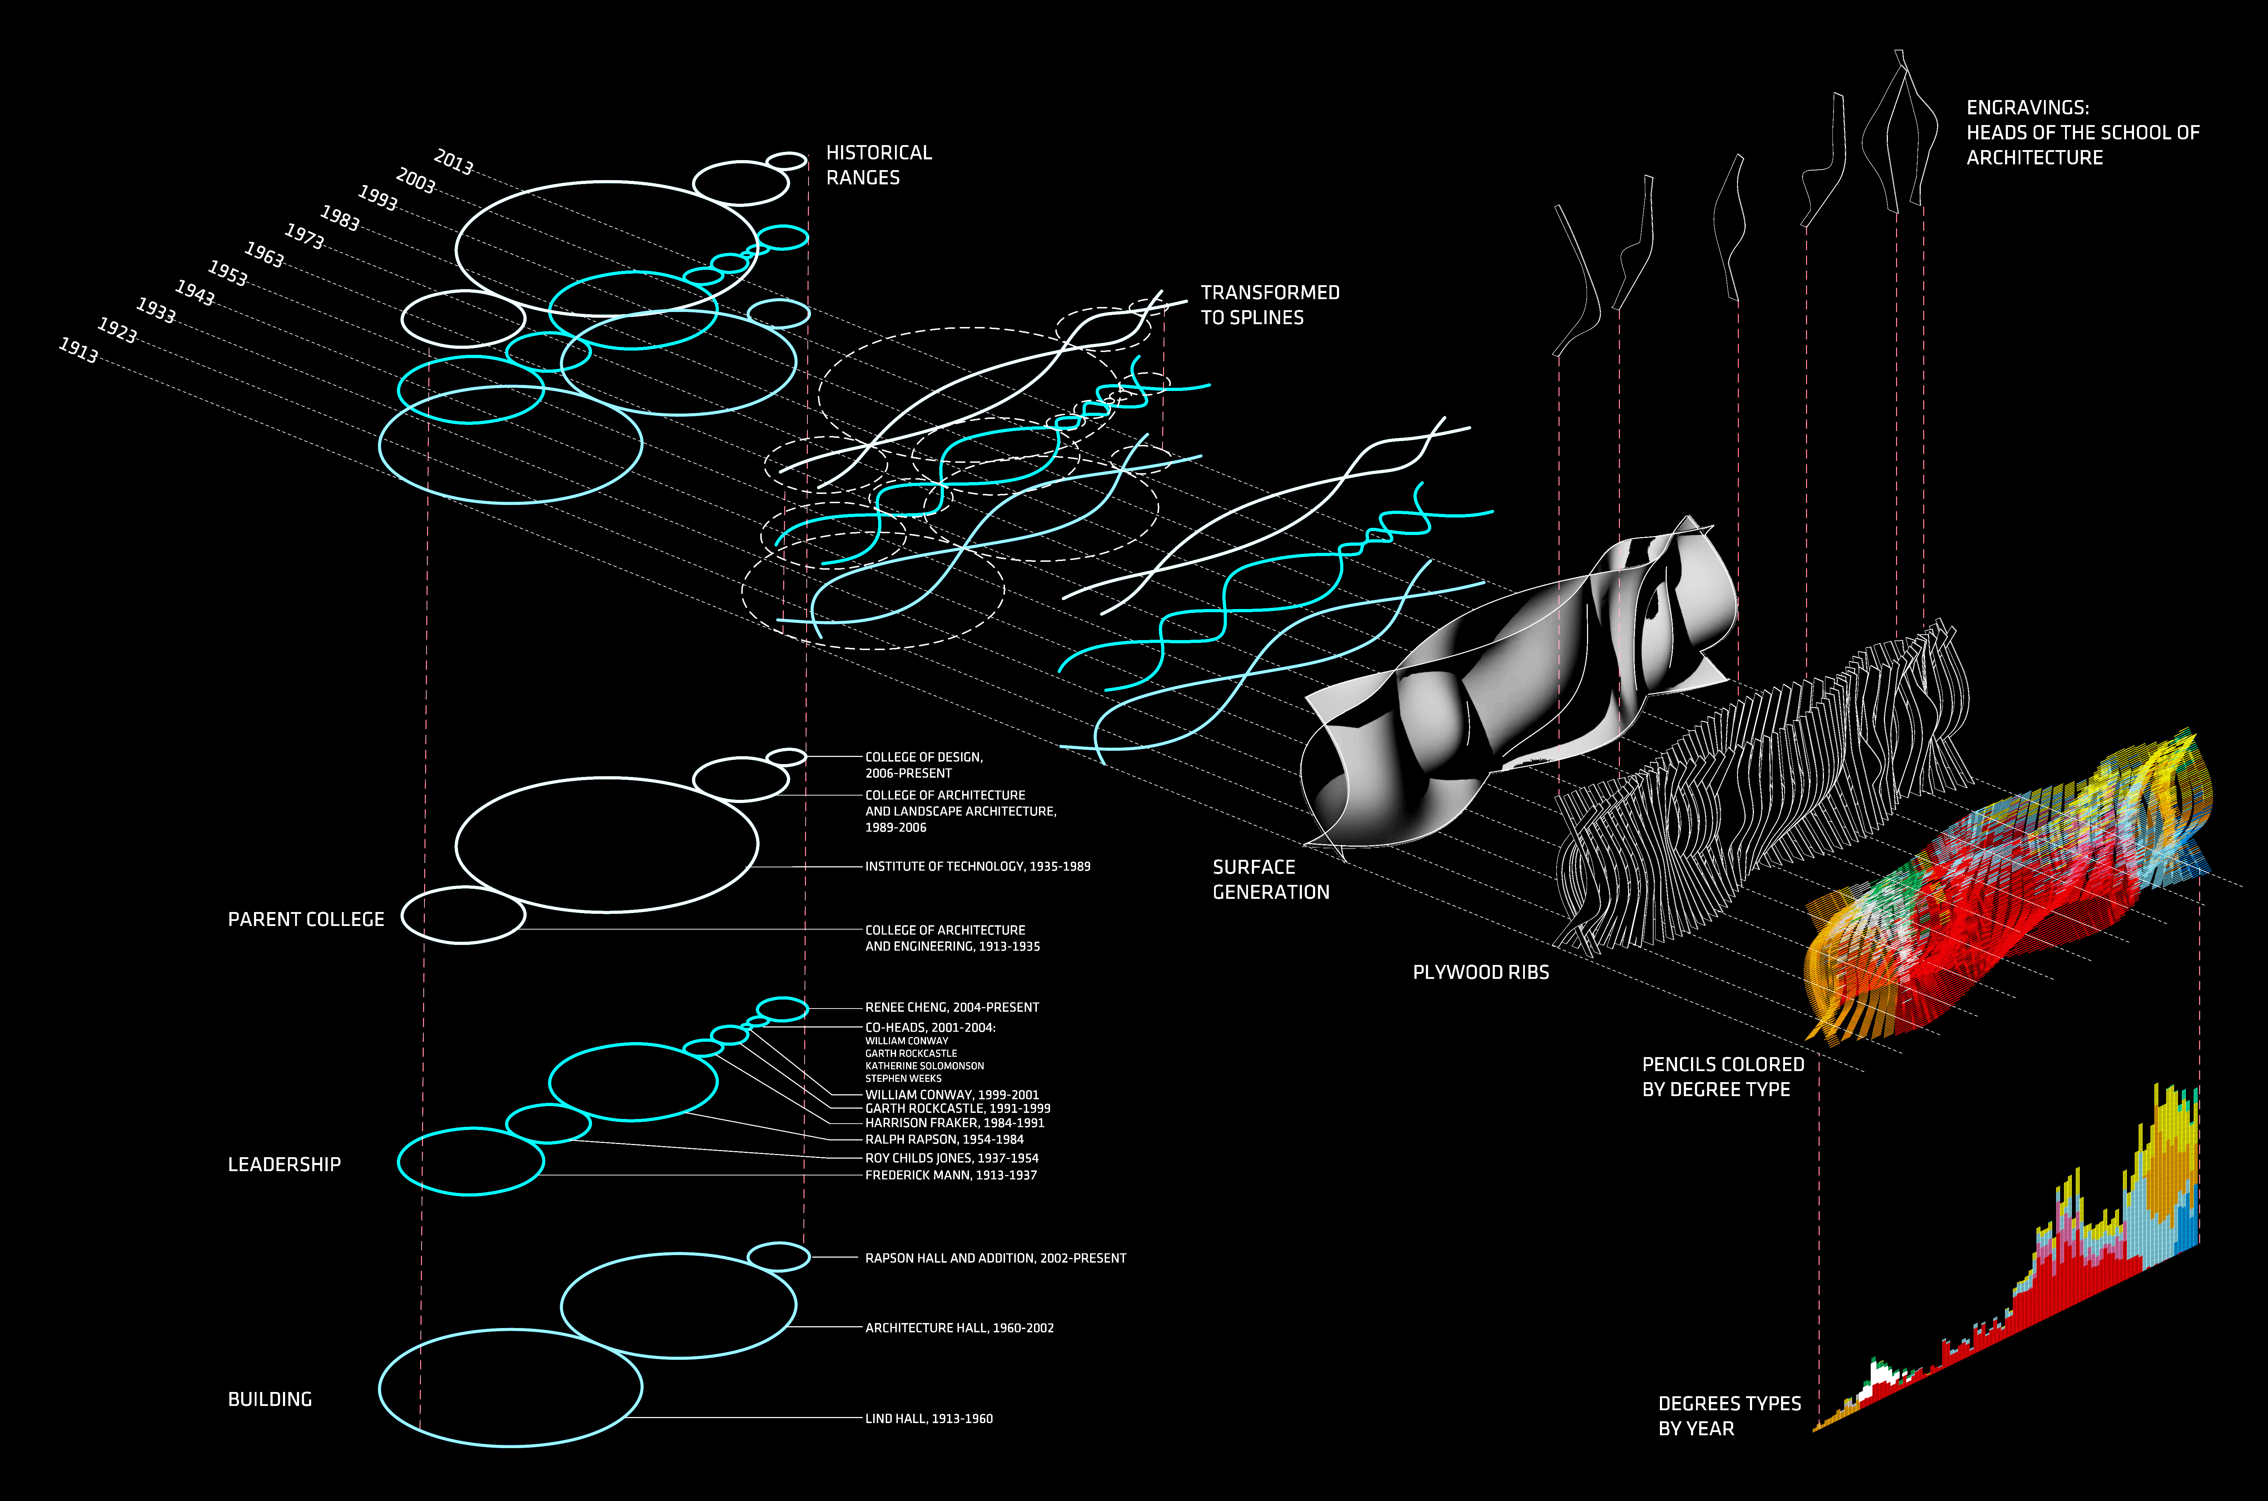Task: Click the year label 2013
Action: coord(454,163)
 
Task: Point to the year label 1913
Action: coord(79,350)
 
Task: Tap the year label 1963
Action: coord(264,254)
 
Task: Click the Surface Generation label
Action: coord(1270,879)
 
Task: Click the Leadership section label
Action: coord(284,1164)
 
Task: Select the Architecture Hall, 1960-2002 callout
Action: coord(959,1328)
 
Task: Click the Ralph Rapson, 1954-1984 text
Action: coord(944,1139)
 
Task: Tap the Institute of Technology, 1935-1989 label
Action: coord(977,866)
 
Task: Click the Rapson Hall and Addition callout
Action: coord(995,1258)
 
